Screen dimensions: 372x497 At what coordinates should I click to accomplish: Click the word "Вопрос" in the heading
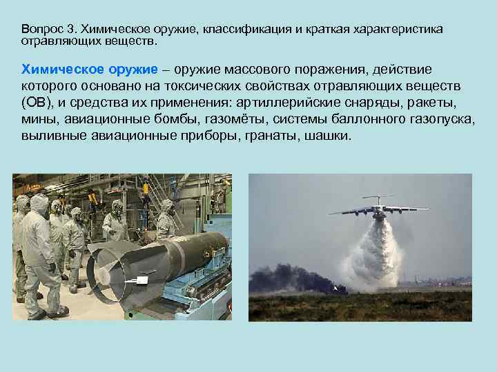[x=41, y=30]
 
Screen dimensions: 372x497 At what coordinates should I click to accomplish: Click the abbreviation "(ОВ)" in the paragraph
[x=37, y=104]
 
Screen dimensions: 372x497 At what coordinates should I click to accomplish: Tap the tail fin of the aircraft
[x=378, y=196]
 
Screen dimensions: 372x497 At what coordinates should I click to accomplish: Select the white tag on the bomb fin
[x=144, y=279]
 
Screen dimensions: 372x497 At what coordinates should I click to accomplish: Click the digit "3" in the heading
[x=72, y=30]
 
